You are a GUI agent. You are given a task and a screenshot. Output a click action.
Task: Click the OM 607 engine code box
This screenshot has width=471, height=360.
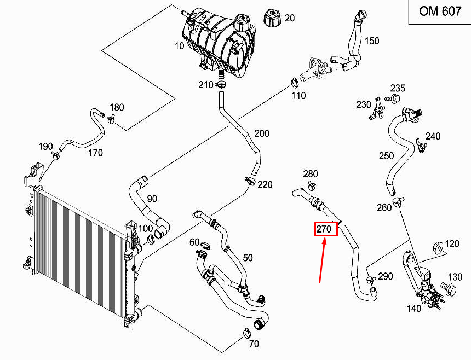coord(440,12)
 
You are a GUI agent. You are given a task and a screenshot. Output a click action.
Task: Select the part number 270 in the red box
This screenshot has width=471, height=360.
coord(324,229)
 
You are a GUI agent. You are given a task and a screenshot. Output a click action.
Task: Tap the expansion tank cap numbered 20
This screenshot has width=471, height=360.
coord(272,18)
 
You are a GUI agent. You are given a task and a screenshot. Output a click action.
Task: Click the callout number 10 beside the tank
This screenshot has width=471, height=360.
coord(179,46)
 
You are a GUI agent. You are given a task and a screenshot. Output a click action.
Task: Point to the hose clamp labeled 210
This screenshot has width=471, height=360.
coord(220,84)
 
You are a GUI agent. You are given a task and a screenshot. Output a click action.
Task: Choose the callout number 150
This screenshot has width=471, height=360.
coord(372,41)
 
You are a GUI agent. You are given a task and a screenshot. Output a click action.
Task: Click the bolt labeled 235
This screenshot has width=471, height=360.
coord(394,98)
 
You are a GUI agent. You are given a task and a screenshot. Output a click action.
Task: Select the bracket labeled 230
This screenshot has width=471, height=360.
coord(377,108)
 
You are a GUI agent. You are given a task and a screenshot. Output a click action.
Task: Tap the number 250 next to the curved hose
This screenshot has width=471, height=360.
coord(386,156)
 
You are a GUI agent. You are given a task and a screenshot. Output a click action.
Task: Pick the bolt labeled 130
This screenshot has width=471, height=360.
coord(448,288)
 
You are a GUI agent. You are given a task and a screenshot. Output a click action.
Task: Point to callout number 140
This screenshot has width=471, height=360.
coord(414,308)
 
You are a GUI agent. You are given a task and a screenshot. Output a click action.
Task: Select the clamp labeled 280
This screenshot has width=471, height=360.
coord(311,185)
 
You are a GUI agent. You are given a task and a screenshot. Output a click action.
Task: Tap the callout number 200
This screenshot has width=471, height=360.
coord(262,133)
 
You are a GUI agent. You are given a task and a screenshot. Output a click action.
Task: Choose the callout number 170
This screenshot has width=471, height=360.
coord(95,153)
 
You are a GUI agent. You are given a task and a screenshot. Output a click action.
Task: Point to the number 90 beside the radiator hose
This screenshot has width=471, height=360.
coord(152,199)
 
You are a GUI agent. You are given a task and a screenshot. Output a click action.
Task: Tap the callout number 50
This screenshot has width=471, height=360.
coord(248,258)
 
